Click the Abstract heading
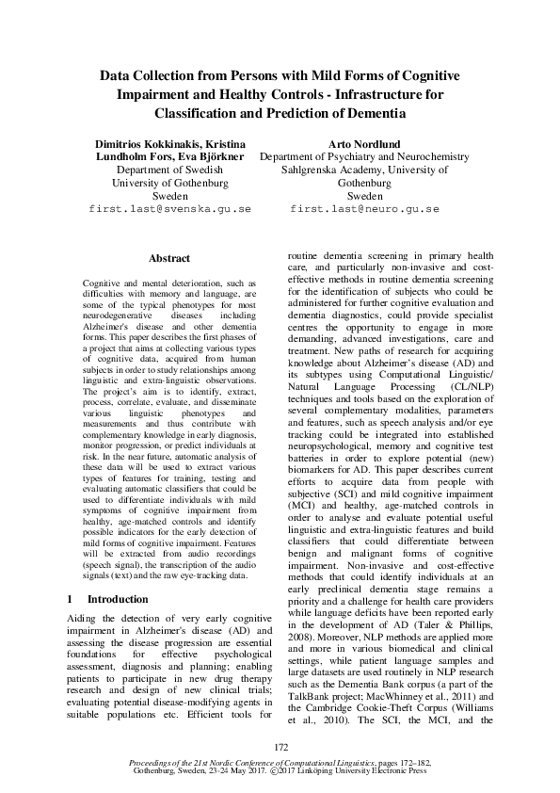pyautogui.click(x=169, y=258)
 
